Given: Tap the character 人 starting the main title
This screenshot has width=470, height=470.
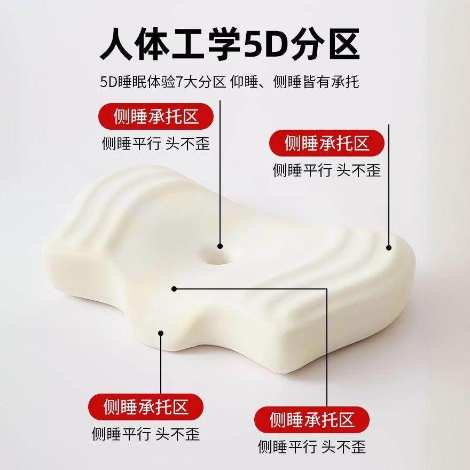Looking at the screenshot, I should click(119, 44).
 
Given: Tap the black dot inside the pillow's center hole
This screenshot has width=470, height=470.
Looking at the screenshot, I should click(220, 246).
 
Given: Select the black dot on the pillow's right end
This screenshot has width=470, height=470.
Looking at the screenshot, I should click(389, 247).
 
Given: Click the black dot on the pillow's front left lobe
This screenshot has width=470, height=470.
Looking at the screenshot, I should click(160, 333).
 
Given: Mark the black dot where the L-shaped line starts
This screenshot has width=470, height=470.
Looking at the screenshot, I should click(174, 289).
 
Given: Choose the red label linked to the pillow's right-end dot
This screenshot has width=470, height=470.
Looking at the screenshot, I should click(327, 143).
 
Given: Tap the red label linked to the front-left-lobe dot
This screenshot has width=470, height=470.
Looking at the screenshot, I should click(146, 408).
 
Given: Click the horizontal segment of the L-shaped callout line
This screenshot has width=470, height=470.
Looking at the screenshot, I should click(251, 289).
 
